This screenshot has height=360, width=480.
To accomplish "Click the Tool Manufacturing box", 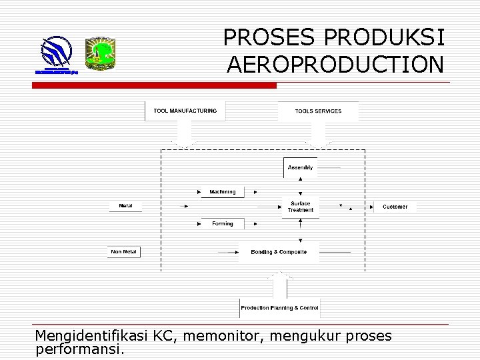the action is point(185,111).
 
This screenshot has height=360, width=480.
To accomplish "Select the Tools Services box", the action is point(318,111).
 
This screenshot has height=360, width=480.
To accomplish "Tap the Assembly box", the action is point(301,167).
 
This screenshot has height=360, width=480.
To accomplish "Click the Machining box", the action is point(223,192).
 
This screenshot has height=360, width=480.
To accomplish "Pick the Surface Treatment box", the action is point(301,207).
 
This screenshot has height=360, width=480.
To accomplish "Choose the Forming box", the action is point(223,224).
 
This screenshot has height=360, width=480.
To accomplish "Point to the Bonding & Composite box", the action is point(279,252).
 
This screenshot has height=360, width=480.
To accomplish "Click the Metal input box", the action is point(125,206).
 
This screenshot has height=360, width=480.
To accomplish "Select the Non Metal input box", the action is point(124,252).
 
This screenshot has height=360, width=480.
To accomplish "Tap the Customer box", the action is point(395,207).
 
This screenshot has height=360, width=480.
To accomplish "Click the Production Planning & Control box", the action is point(280,308).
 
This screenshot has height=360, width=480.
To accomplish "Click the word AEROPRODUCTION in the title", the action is point(335,65).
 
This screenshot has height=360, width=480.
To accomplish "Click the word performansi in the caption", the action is point(79,349).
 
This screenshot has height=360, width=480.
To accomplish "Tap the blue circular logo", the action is point(57,51).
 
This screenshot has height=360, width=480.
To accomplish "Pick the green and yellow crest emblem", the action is point(101,53).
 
